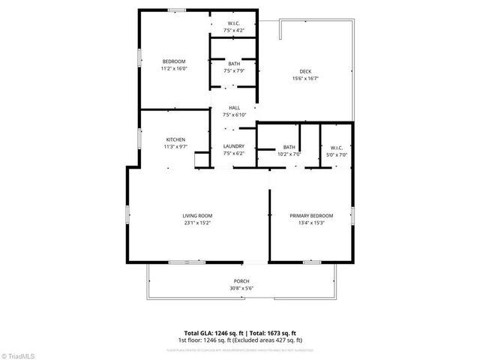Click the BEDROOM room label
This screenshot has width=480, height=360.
tap(174, 61)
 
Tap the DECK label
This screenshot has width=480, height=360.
tap(306, 71)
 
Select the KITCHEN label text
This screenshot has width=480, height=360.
tap(175, 139)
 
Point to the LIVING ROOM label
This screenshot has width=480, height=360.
tap(197, 215)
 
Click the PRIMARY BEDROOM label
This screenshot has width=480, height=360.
tap(311, 215)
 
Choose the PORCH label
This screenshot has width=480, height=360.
tap(241, 280)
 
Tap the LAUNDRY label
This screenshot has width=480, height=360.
tap(234, 146)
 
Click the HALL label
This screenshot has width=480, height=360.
tap(234, 108)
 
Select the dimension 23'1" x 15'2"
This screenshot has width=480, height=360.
tap(197, 223)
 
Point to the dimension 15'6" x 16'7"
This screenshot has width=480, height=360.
tap(306, 78)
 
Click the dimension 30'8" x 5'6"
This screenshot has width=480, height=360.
tap(241, 287)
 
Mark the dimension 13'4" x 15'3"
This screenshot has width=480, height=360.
tap(311, 223)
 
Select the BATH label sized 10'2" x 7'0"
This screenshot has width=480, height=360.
tap(289, 147)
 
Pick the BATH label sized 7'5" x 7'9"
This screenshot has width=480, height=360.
tap(234, 64)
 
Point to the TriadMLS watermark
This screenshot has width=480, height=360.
tap(19, 353)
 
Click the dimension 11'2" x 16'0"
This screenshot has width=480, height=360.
tap(174, 68)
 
